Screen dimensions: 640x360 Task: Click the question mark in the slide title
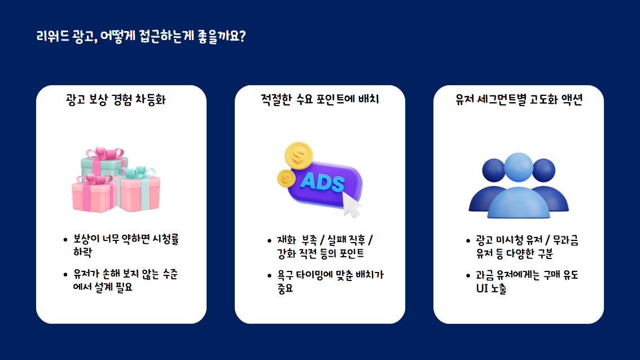click(242, 36)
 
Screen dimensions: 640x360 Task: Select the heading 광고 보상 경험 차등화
click(116, 99)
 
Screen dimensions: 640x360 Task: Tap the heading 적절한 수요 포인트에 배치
click(319, 99)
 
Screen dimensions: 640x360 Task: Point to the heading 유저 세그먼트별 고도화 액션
click(519, 99)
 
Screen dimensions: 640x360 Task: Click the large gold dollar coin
click(299, 155)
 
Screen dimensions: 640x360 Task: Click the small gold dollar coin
click(286, 178)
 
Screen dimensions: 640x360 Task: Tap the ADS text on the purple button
click(322, 182)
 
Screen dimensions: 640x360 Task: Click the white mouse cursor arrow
click(351, 204)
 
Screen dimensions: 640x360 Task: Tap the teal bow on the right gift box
click(138, 172)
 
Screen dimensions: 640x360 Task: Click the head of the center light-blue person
click(518, 168)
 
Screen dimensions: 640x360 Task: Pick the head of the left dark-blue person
click(493, 170)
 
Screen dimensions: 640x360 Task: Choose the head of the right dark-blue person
click(544, 170)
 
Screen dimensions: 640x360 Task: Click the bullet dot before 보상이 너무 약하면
click(65, 240)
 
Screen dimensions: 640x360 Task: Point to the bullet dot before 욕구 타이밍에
click(269, 275)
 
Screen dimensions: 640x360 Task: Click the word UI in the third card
click(482, 288)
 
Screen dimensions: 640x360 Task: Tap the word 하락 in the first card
click(82, 252)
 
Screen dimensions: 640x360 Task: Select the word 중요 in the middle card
click(286, 288)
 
